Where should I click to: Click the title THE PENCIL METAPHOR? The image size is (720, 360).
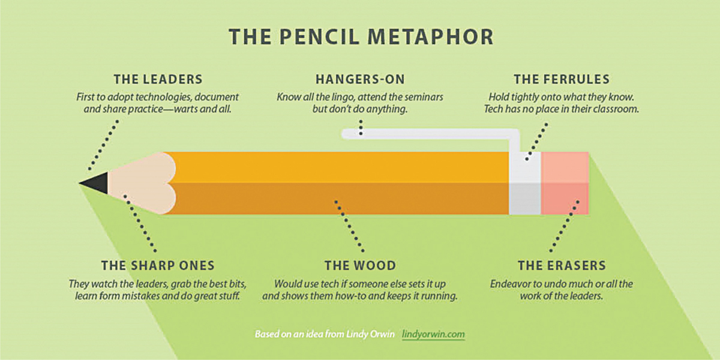[x=361, y=37]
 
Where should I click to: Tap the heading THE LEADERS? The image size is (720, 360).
[x=158, y=79]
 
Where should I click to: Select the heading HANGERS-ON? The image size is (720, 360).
[x=360, y=79]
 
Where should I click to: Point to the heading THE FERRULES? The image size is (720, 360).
[x=562, y=79]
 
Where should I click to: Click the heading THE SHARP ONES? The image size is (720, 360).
[x=158, y=265]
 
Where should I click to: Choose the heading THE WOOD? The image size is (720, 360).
[x=361, y=265]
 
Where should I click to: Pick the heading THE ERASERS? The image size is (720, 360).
[x=562, y=265]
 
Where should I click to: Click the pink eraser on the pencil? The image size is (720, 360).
[x=565, y=183]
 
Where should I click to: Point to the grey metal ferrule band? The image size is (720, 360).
[x=525, y=183]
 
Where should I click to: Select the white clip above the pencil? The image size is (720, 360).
[x=431, y=134]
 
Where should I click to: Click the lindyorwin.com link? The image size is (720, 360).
[x=433, y=334]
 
